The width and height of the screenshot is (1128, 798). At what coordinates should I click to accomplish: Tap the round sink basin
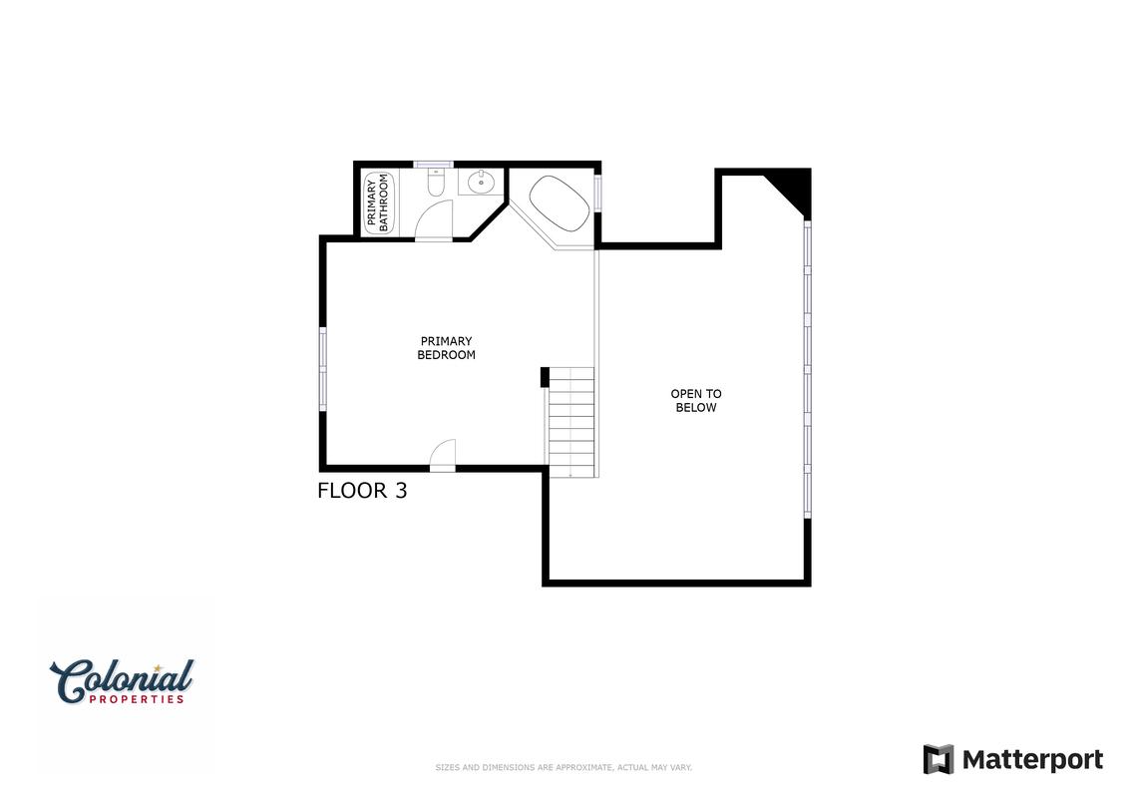click(x=480, y=183)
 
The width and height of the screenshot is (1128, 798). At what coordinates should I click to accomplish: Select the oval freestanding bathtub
click(x=560, y=203)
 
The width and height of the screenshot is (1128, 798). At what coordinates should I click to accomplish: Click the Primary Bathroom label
click(x=377, y=203)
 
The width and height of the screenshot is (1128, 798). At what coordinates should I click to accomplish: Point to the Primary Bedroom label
click(x=446, y=347)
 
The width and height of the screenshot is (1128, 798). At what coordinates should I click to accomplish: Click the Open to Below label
click(x=695, y=400)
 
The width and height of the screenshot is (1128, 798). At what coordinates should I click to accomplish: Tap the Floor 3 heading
click(x=362, y=490)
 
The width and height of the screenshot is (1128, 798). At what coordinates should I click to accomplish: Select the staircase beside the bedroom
click(x=571, y=421)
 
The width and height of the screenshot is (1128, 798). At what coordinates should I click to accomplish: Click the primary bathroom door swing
click(x=435, y=220)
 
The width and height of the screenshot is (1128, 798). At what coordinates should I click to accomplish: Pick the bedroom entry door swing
click(x=443, y=453)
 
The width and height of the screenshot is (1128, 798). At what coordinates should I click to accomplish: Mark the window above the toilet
click(x=433, y=164)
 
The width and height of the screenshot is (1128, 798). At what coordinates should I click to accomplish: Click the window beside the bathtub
click(x=597, y=193)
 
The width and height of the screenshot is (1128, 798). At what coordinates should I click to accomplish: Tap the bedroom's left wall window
click(x=322, y=369)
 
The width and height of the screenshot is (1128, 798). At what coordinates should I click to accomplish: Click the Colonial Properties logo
click(x=122, y=681)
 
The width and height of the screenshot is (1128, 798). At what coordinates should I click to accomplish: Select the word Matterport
click(x=1032, y=760)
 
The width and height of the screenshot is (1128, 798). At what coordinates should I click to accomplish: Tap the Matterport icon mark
click(x=939, y=759)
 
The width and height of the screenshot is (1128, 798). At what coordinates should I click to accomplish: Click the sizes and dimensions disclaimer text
click(x=564, y=768)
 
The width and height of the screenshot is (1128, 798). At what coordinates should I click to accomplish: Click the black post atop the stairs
click(x=545, y=377)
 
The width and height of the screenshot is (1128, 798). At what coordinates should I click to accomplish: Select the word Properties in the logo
click(x=137, y=698)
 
